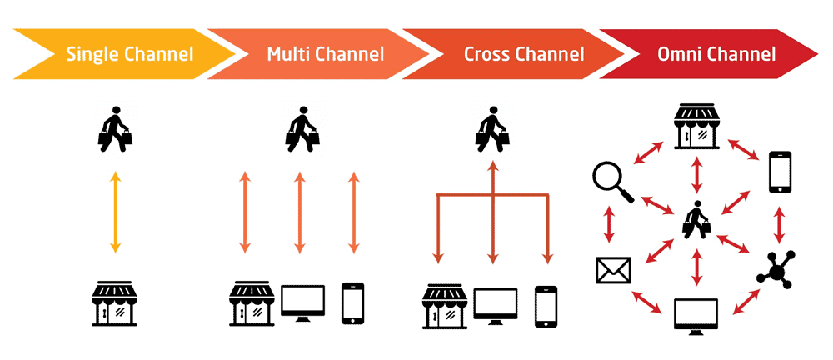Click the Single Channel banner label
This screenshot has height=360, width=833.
(129, 56)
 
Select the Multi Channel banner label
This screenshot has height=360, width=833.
(326, 56)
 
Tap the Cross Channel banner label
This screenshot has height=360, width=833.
(523, 56)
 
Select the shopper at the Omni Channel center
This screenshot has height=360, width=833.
(696, 220)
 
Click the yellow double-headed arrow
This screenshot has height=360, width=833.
(116, 212)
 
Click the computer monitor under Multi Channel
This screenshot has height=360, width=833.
(302, 304)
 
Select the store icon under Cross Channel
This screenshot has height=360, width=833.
(443, 306)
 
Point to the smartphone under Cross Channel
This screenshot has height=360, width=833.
(546, 306)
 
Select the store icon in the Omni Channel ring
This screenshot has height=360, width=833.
(696, 127)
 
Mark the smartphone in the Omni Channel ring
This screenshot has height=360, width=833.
(780, 172)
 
